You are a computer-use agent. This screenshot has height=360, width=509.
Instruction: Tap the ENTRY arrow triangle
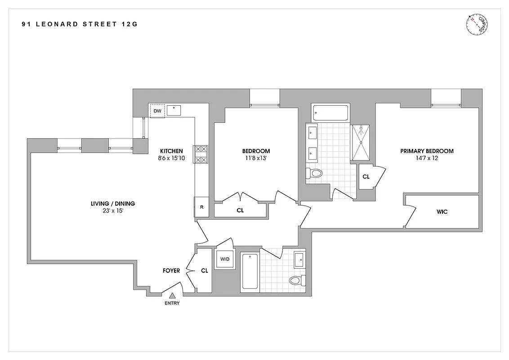(x=172, y=296)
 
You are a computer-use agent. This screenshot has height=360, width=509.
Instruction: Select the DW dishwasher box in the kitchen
(x=157, y=111)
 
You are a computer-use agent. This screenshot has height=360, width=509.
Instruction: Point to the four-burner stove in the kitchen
(x=201, y=154)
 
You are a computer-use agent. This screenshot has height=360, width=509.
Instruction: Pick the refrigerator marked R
(x=201, y=207)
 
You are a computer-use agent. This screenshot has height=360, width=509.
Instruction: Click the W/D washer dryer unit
(x=225, y=259)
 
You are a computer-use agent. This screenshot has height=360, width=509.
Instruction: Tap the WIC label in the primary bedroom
(x=442, y=211)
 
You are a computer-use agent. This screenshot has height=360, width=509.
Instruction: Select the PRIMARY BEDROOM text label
(x=427, y=151)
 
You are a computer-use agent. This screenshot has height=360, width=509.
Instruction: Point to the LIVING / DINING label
(x=112, y=203)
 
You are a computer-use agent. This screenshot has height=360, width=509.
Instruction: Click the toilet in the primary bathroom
(x=314, y=173)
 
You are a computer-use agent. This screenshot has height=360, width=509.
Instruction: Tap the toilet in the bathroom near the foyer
(x=295, y=281)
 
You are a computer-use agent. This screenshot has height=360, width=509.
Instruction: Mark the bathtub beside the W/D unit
(x=250, y=271)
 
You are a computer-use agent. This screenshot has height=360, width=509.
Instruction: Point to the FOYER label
(x=171, y=271)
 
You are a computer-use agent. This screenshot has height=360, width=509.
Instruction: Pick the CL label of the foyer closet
(x=204, y=271)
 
